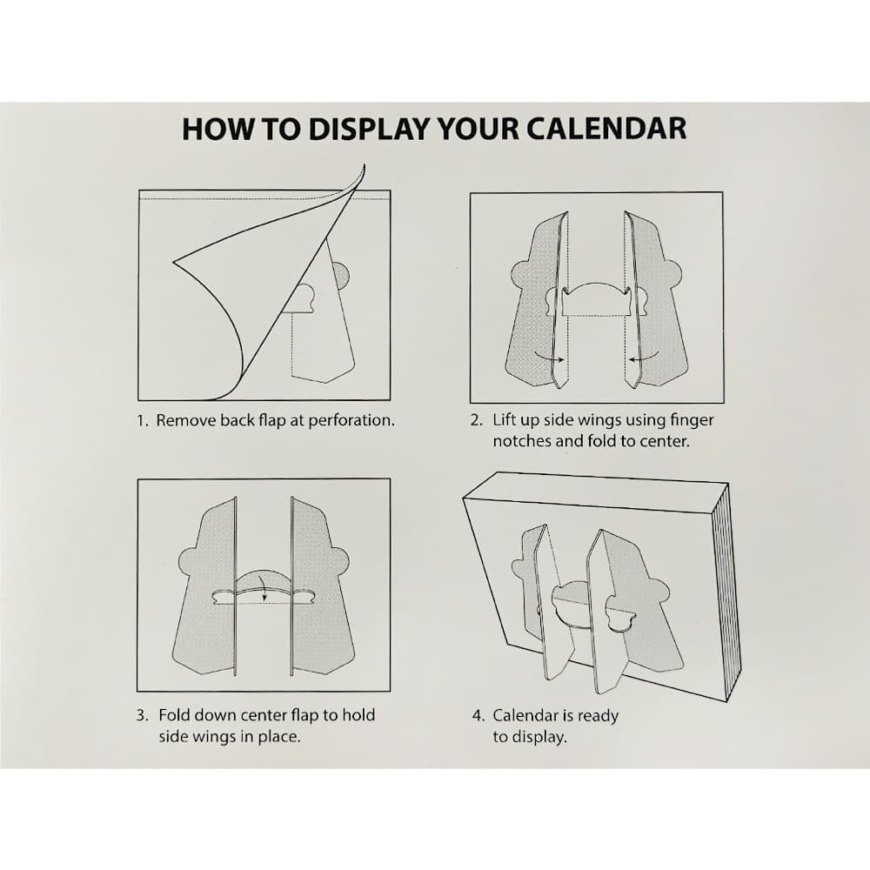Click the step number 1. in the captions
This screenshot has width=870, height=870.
pos(143,420)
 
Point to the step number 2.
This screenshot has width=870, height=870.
pos(477,420)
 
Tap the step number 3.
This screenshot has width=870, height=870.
pos(142,715)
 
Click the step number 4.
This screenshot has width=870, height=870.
pos(478,716)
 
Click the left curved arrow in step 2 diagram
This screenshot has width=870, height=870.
pos(549,356)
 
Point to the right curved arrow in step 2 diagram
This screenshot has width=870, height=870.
pos(642,356)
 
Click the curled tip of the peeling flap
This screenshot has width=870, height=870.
pos(359,169)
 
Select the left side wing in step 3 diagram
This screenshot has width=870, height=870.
pos(205,592)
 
